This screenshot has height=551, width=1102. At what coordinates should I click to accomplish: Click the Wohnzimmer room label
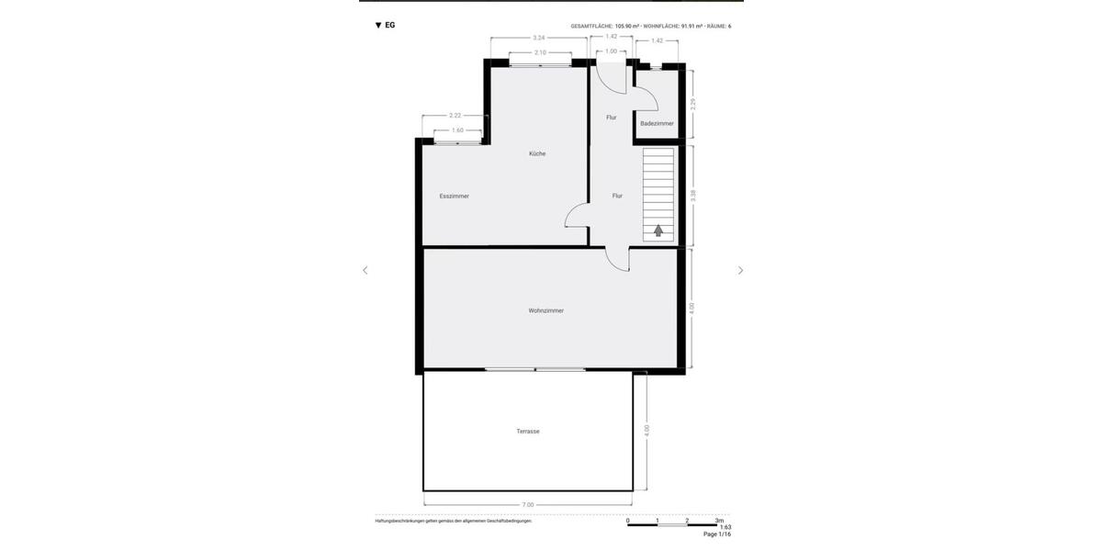tap(546, 310)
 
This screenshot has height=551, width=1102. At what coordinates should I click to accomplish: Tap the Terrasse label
tap(528, 432)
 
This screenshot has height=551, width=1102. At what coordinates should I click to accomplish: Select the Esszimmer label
tap(455, 196)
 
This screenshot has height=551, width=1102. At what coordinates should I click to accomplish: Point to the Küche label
tap(537, 153)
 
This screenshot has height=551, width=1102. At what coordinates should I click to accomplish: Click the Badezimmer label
tap(657, 123)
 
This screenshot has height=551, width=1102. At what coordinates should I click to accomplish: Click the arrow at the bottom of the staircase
tap(658, 231)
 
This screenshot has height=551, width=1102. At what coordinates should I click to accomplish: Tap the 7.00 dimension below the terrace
tap(528, 504)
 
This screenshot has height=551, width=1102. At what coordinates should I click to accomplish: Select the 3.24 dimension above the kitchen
tap(539, 38)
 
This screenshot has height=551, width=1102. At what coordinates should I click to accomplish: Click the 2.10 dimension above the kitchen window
tap(541, 52)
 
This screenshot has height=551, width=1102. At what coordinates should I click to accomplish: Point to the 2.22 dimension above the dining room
tap(455, 116)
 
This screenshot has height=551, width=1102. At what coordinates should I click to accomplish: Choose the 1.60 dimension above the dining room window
tap(457, 130)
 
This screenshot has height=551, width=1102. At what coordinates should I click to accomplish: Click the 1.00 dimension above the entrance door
tap(612, 51)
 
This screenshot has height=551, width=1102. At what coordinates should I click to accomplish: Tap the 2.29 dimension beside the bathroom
tap(693, 104)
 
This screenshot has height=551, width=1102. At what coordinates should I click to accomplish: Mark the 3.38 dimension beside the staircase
tap(693, 196)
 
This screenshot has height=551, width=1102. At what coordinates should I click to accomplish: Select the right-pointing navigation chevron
tap(740, 271)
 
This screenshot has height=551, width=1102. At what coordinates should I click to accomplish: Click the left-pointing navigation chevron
tap(365, 271)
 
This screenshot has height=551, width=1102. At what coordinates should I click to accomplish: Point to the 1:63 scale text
tap(725, 527)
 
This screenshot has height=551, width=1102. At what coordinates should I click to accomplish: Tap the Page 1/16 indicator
tap(717, 534)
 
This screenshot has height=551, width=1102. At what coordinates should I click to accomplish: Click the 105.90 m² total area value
tap(627, 27)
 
